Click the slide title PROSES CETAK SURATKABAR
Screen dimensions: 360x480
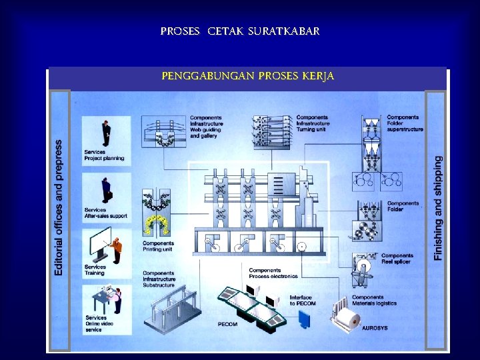(240, 31)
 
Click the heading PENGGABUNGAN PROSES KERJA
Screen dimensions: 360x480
(247, 77)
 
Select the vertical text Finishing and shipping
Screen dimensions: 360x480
(437, 208)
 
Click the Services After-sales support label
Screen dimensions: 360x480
(105, 213)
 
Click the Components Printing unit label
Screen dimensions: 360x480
(158, 247)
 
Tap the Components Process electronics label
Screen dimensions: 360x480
(273, 273)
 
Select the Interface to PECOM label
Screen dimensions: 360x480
(303, 301)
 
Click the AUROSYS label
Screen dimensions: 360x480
(375, 328)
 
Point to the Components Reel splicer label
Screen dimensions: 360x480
(397, 259)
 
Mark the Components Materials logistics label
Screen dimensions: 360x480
(374, 301)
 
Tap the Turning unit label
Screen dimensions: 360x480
(311, 129)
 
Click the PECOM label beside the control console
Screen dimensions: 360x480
(227, 325)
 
